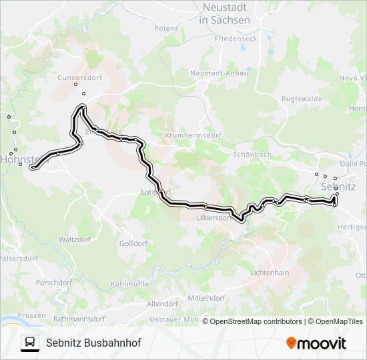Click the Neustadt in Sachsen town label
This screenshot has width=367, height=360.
tap(225, 14)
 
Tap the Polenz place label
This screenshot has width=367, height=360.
tap(166, 29)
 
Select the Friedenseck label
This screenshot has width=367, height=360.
tap(236, 39)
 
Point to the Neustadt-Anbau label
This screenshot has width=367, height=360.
tap(220, 73)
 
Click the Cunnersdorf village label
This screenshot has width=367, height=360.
tap(79, 77)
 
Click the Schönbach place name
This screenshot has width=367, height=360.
tap(252, 154)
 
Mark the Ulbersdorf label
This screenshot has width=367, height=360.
tap(214, 217)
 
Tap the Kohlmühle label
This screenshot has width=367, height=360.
tap(129, 283)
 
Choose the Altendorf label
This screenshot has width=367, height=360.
tap(162, 303)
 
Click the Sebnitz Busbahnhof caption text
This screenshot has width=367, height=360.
tap(93, 343)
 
